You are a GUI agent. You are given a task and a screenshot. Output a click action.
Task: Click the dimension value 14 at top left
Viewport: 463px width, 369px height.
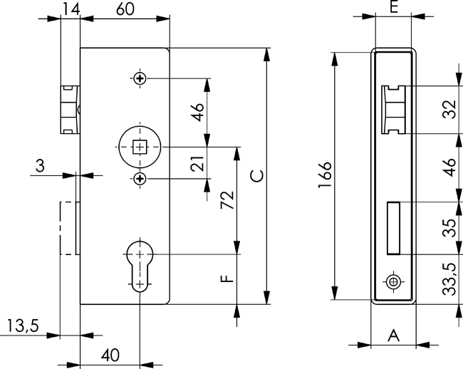coord(70,9)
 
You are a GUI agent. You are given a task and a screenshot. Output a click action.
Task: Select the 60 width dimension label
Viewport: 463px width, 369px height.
coord(125,9)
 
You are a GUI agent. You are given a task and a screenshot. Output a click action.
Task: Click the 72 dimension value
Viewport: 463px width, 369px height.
coord(227,201)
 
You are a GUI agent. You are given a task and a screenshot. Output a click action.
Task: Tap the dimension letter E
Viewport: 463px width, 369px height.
coord(393,9)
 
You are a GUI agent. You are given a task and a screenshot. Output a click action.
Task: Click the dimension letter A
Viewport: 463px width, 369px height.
coord(392,335)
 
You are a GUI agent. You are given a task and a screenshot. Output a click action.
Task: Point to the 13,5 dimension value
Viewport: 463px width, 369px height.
coord(22,326)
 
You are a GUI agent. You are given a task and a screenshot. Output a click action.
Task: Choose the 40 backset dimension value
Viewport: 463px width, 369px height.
coord(110,353)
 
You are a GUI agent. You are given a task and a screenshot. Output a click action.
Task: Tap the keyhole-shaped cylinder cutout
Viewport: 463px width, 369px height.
coord(140,266)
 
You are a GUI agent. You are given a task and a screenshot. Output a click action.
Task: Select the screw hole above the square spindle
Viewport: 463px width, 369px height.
coord(140,78)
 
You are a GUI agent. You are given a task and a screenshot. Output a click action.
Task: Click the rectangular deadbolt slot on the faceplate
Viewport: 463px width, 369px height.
coord(393,228)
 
